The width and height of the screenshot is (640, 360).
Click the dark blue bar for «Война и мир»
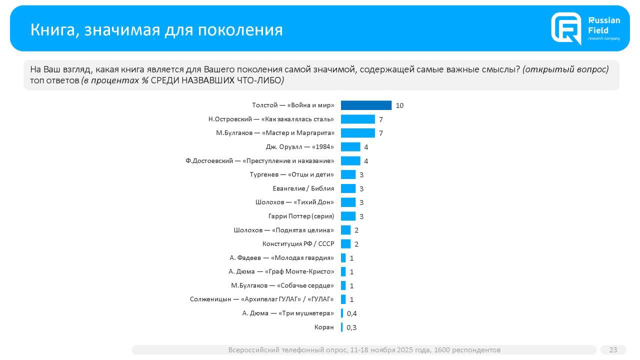(x=366, y=105)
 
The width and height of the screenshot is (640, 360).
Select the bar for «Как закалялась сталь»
(x=357, y=119)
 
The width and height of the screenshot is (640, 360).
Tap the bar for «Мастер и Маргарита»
(x=357, y=133)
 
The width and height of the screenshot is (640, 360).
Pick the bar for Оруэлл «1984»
(x=350, y=147)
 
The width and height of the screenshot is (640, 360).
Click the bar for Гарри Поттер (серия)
(x=348, y=216)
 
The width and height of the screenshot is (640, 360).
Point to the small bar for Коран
(x=342, y=327)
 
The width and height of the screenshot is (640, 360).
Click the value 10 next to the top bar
(x=399, y=105)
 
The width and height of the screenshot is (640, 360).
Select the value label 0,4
(x=351, y=313)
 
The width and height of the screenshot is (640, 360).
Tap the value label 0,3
(x=351, y=327)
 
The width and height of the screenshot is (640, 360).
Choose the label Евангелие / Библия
(x=303, y=188)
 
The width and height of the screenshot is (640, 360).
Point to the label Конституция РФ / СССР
(x=298, y=244)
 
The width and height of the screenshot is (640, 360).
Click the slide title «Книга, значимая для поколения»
(x=156, y=29)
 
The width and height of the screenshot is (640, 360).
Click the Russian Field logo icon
(x=566, y=28)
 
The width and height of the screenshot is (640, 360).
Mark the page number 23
(x=613, y=350)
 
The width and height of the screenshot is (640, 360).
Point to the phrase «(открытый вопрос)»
(x=565, y=69)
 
